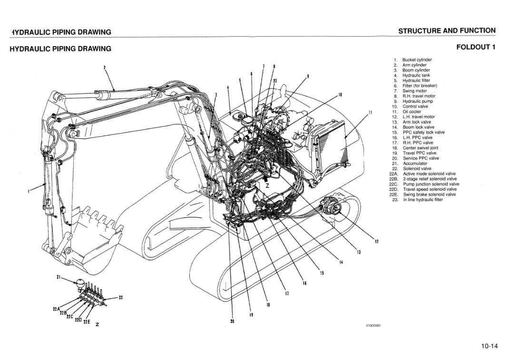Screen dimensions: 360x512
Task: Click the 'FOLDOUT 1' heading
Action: point(475,47)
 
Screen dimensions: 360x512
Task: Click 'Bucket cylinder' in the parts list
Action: point(417,60)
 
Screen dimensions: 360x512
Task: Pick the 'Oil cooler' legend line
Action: point(412,112)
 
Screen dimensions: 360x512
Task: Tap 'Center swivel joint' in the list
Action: point(420,148)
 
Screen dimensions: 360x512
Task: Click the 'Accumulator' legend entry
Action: point(415,164)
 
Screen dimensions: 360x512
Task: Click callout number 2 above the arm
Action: point(104,67)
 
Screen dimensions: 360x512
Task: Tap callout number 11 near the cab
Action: point(370,113)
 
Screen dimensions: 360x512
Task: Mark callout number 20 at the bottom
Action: point(232,321)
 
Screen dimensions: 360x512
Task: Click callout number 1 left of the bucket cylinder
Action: point(29,192)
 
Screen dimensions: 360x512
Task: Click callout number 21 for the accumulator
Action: point(59,277)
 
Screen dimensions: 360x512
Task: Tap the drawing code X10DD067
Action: point(374,325)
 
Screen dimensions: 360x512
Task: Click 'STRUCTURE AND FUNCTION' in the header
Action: point(446,31)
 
